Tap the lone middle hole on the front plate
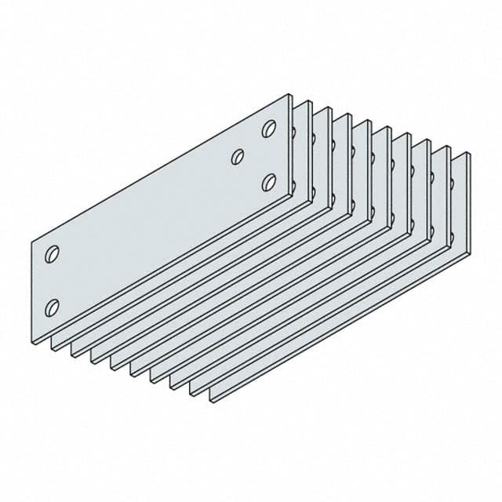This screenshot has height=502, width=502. coord(237,157)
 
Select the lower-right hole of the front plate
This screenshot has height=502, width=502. coord(268,182)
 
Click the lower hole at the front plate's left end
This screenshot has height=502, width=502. coord(53,305)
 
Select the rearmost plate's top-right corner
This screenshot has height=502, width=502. coord(469,152)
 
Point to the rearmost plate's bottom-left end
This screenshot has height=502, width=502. coord(212,397)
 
